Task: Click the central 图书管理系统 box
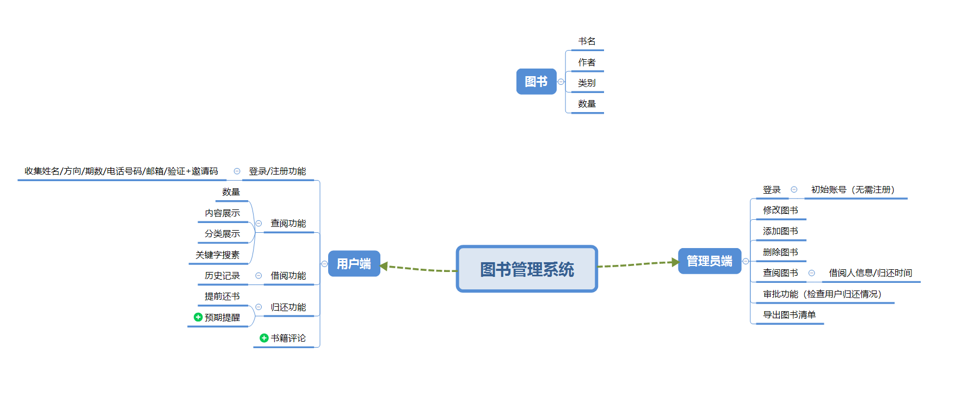pos(527,269)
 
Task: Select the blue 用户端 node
pos(354,264)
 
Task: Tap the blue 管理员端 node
pos(709,261)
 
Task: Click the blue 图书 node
pos(536,82)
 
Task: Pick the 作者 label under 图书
pos(587,63)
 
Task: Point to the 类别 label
pos(587,83)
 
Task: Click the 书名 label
pos(587,41)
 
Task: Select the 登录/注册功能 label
pos(278,171)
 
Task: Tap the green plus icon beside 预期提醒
pos(198,317)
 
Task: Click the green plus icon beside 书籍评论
pos(264,338)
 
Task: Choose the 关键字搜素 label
pos(218,255)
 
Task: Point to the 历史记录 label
pos(222,276)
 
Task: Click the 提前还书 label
pos(222,296)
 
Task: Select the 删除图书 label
pos(780,252)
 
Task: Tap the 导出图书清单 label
pos(789,315)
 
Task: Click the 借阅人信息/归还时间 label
pos(870,273)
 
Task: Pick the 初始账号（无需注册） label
pos(853,190)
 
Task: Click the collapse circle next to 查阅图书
pos(811,273)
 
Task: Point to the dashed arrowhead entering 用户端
pos(384,266)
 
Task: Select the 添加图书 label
pos(780,231)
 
